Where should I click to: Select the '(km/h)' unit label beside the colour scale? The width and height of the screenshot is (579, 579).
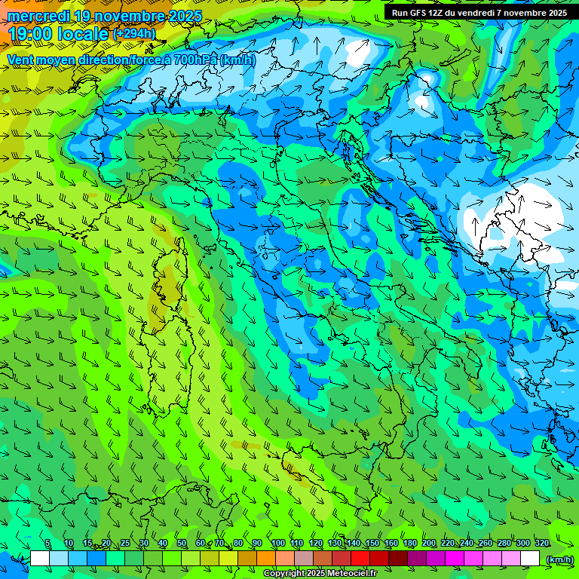click(x=559, y=559)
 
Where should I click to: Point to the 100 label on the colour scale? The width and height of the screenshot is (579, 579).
click(x=277, y=544)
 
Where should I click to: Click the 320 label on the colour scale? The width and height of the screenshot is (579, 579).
click(x=542, y=544)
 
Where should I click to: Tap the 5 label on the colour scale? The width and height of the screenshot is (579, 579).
click(x=47, y=544)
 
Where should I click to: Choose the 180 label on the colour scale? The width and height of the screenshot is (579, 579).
click(x=410, y=544)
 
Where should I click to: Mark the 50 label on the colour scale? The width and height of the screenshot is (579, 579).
click(x=182, y=544)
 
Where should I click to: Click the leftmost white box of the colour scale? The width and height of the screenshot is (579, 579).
click(x=40, y=559)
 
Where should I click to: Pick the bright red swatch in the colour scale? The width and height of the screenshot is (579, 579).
click(x=360, y=559)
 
